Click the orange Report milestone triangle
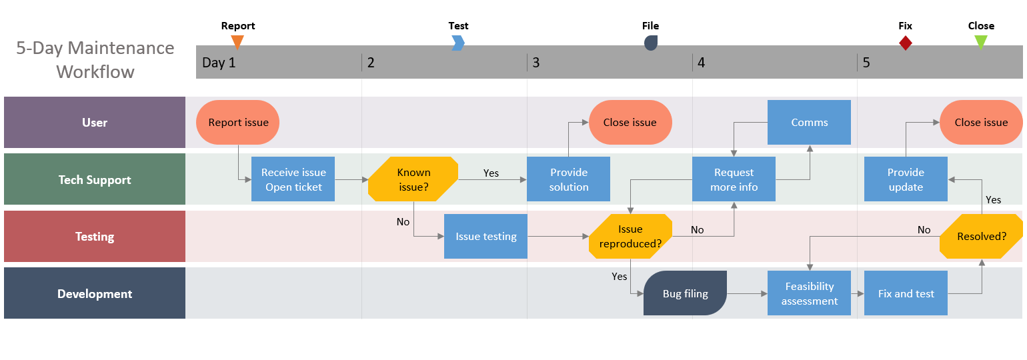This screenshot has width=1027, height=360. point(237,42)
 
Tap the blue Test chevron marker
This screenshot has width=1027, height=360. point(457,43)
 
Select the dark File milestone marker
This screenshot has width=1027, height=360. point(651,43)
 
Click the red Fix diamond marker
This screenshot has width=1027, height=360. point(905,43)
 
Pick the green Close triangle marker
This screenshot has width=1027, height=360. point(980,42)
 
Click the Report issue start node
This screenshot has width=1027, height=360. point(237,123)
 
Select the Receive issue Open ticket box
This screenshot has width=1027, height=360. point(293,179)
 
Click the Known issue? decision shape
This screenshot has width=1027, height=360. point(413,179)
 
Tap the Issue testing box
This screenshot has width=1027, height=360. point(485,236)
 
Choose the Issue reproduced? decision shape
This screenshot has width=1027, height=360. point(630,237)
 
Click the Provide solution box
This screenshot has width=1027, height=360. point(568,179)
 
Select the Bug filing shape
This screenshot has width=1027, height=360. point(685,293)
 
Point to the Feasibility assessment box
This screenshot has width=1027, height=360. point(809,293)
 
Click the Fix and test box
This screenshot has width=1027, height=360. point(906,293)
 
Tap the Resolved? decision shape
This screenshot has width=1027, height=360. point(981,237)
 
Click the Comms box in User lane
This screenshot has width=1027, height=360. point(809,123)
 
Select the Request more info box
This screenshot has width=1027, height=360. point(734,179)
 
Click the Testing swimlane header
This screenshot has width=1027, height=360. point(95,237)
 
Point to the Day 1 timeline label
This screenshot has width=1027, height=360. point(219,63)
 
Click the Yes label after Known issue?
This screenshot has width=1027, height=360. point(491,173)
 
